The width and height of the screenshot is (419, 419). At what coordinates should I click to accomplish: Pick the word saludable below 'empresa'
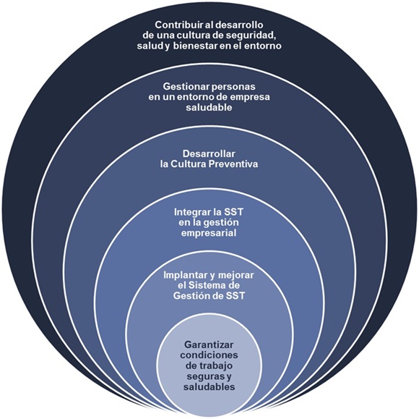tap(209, 107)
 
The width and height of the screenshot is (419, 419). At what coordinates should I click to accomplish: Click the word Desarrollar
tap(209, 153)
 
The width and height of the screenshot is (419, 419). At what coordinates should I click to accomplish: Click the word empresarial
tap(209, 233)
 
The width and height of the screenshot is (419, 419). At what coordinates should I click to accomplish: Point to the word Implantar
tap(183, 275)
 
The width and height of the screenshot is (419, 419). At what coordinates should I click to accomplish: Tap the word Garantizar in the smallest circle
tap(209, 344)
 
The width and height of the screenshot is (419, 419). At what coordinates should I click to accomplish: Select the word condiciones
tap(209, 355)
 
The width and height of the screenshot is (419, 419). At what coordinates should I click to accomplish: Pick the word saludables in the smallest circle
tap(209, 386)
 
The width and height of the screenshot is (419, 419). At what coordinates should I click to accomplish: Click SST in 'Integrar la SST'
tap(234, 212)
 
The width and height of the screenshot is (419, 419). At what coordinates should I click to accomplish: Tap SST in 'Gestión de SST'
tap(235, 296)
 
